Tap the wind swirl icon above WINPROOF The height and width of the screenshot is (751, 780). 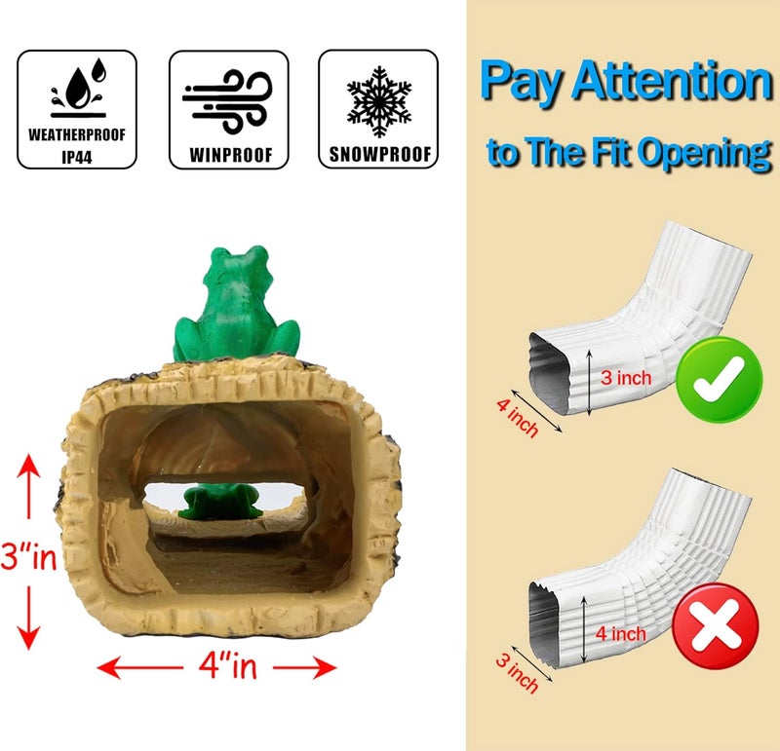pyautogui.click(x=227, y=101)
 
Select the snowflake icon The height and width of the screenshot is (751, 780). pyautogui.click(x=379, y=101)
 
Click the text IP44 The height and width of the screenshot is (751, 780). pyautogui.click(x=77, y=158)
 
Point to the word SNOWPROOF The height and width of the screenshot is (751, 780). pyautogui.click(x=380, y=155)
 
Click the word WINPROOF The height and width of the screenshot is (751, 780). pyautogui.click(x=231, y=155)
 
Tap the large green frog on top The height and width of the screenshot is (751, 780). pyautogui.click(x=236, y=304)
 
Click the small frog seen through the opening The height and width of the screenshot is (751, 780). pyautogui.click(x=221, y=501)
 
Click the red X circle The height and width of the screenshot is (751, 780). pyautogui.click(x=716, y=625)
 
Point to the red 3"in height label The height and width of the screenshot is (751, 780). pyautogui.click(x=29, y=556)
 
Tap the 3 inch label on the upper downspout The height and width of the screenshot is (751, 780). pyautogui.click(x=626, y=378)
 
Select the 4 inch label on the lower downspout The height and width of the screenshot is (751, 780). pyautogui.click(x=621, y=634)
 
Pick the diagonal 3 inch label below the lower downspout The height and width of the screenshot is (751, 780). pyautogui.click(x=517, y=673)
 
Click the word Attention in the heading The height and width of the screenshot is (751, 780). pyautogui.click(x=673, y=81)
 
